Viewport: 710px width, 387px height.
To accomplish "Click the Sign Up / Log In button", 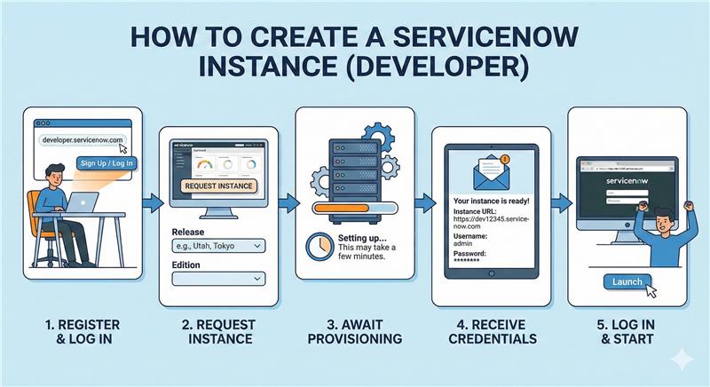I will [106, 162].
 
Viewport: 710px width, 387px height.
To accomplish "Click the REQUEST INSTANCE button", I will [217, 186].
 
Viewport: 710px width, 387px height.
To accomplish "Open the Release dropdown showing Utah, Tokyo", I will [217, 245].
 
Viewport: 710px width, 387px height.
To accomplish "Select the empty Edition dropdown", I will [217, 279].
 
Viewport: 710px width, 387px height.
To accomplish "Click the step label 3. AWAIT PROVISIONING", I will [355, 330].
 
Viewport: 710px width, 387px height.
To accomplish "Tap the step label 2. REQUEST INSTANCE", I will [217, 330].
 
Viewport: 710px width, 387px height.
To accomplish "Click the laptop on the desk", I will [84, 203].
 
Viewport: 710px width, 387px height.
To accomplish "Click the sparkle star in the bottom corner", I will [681, 358].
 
